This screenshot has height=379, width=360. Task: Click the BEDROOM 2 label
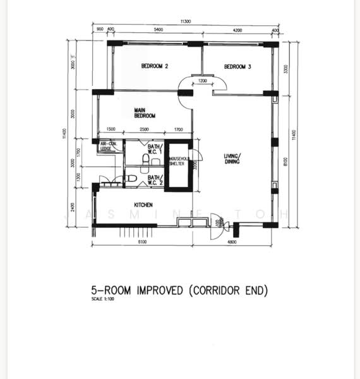pyautogui.click(x=154, y=66)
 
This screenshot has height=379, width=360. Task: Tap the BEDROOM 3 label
pyautogui.click(x=237, y=66)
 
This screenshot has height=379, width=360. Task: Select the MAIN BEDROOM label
pyautogui.click(x=144, y=113)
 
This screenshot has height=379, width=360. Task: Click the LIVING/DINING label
pyautogui.click(x=232, y=159)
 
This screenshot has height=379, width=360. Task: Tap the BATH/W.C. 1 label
pyautogui.click(x=155, y=150)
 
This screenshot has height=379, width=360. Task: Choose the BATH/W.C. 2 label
pyautogui.click(x=155, y=180)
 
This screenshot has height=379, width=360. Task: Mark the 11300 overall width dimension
pyautogui.click(x=185, y=22)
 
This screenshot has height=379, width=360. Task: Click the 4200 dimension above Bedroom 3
pyautogui.click(x=237, y=30)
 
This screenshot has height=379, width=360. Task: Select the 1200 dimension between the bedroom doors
pyautogui.click(x=202, y=81)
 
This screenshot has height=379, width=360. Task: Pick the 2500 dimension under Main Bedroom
pyautogui.click(x=144, y=129)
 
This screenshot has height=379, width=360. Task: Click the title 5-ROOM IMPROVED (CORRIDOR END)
pyautogui.click(x=179, y=291)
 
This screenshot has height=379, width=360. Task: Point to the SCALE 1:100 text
pyautogui.click(x=103, y=299)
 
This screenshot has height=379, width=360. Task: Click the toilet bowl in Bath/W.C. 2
pyautogui.click(x=131, y=179)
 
